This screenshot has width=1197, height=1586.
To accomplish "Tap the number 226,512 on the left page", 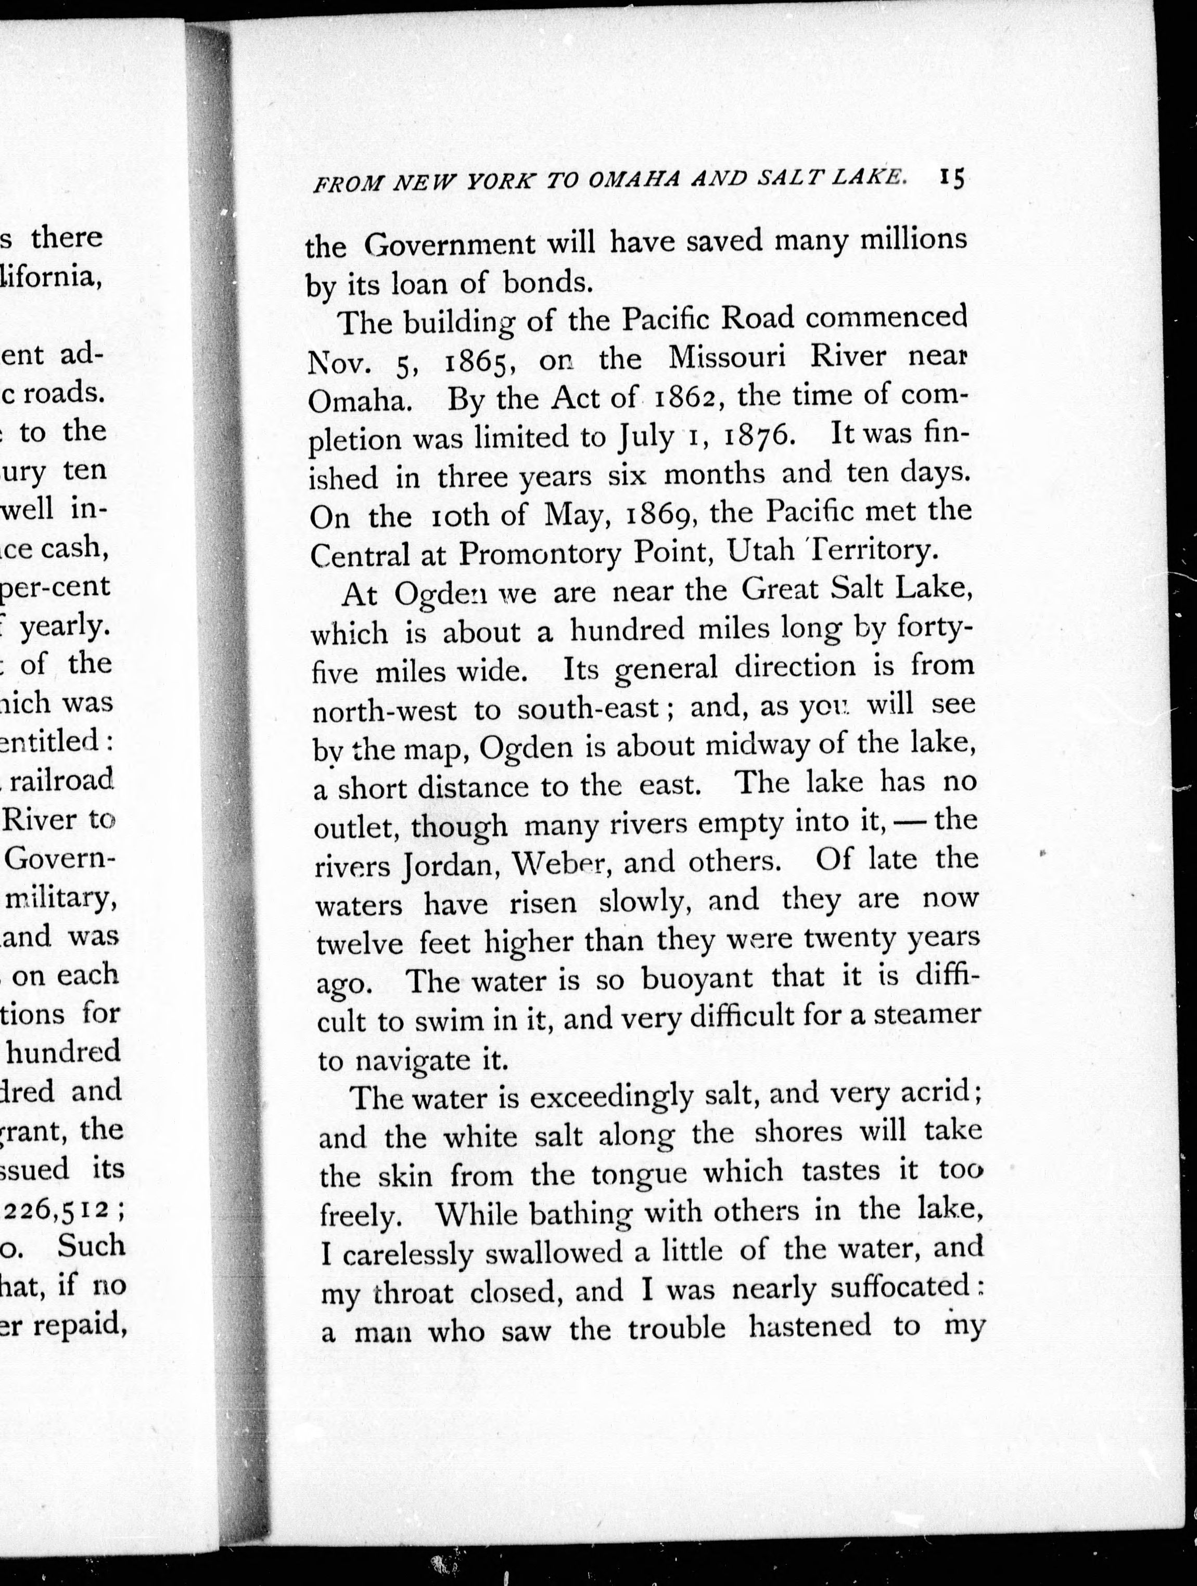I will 60,1210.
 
